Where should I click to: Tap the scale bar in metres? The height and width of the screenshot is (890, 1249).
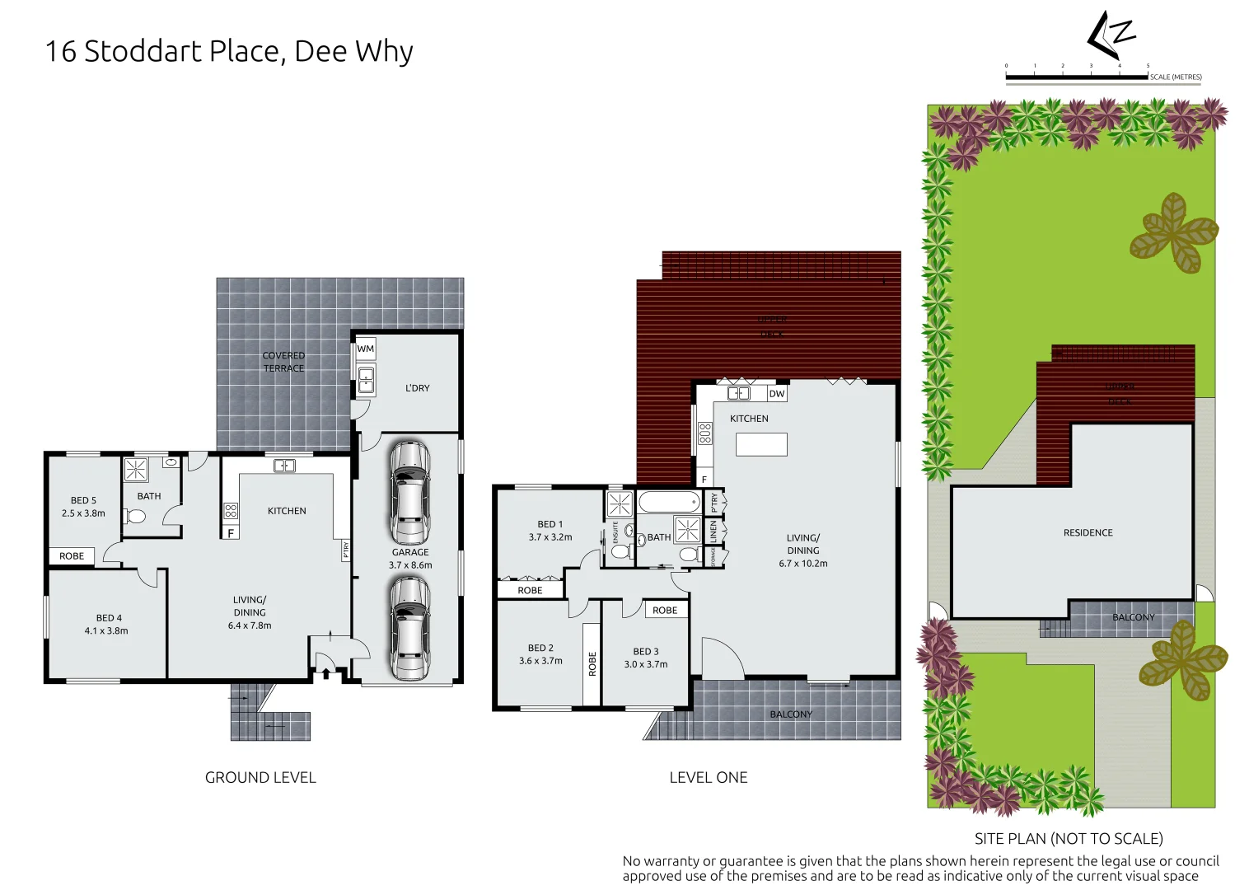(1076, 77)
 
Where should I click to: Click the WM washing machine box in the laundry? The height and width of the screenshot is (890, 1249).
(365, 349)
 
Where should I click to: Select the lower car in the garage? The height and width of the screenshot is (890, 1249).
(409, 628)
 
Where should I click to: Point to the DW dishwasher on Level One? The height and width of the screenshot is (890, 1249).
(776, 394)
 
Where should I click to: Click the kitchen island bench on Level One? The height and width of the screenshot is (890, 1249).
(761, 444)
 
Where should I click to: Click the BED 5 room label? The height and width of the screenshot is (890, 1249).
(83, 500)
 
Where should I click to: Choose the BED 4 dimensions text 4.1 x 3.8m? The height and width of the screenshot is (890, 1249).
(106, 630)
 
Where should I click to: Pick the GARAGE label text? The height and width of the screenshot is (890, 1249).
(410, 552)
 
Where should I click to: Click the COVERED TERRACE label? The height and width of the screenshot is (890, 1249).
(283, 362)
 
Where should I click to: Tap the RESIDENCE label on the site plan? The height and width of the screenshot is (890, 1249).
(1088, 532)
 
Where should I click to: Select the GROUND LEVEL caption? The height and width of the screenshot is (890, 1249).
(260, 777)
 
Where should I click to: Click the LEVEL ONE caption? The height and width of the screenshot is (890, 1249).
(708, 777)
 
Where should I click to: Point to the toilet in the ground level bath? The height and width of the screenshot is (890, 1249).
(135, 517)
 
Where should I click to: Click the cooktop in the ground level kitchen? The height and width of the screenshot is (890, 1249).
(231, 511)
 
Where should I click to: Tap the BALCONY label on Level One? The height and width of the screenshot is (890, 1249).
(791, 714)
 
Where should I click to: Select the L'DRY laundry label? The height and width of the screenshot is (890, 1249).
(417, 388)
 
